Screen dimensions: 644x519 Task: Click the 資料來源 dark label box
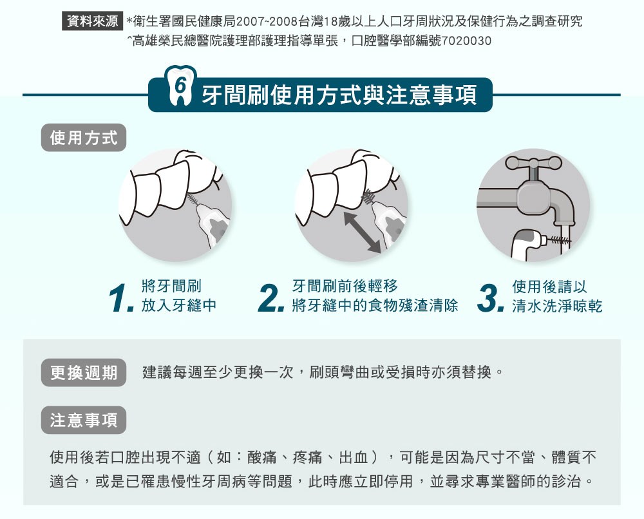pos(92,21)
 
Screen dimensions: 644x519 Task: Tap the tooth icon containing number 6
pos(180,86)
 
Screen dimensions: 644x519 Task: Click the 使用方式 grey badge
pos(84,138)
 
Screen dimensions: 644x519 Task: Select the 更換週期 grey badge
pos(84,372)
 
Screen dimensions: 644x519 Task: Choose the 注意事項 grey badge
pos(84,420)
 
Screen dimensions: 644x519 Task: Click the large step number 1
pos(121,298)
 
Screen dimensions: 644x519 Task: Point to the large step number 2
pos(271,298)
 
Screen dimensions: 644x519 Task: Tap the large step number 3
pos(491,298)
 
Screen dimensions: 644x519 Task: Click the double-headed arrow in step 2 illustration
pos(363,232)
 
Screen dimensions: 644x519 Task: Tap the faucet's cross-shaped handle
pos(533,164)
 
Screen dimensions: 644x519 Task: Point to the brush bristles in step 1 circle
pos(192,200)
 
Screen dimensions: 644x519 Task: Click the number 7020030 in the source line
pos(466,41)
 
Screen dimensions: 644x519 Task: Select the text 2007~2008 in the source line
pos(267,21)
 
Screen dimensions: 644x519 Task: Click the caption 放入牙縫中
pos(178,305)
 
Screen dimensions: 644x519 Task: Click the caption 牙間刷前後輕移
pos(345,286)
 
